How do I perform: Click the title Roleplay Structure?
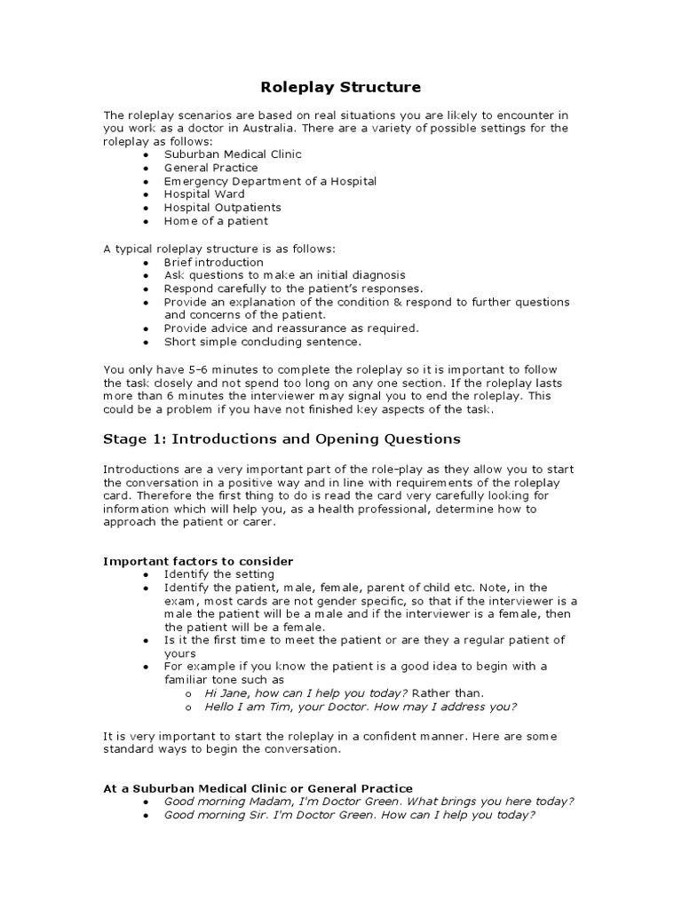coord(340,87)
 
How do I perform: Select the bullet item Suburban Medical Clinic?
coord(233,154)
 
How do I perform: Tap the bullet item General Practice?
coord(210,168)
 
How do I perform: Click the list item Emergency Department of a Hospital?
coord(270,181)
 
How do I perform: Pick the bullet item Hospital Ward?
coord(204,194)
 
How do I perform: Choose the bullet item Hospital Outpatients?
coord(222,208)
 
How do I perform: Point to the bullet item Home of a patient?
coord(216,221)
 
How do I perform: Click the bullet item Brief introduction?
coord(213,263)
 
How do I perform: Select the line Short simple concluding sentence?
coord(263,342)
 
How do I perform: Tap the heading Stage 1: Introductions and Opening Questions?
coord(282,439)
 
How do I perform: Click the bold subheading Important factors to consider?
coord(198,561)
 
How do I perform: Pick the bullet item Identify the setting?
coord(218,574)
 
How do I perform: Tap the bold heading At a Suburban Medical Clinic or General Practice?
coord(258,788)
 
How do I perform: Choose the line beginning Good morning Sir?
coord(349,815)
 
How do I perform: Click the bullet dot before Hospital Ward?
coord(146,194)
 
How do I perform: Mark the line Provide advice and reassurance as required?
coord(291,328)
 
